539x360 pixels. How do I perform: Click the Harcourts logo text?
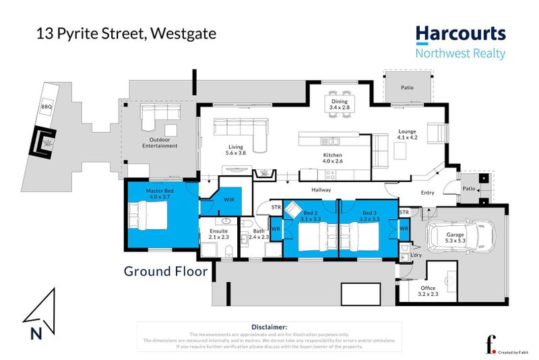(x=460, y=34)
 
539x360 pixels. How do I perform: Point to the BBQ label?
(x=47, y=105)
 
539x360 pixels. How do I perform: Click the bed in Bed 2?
(x=311, y=237)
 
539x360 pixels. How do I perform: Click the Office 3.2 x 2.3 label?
(x=428, y=291)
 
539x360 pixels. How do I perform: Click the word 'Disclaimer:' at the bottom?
(x=269, y=326)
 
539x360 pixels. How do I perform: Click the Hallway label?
(x=321, y=190)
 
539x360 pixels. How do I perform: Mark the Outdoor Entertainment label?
(x=160, y=143)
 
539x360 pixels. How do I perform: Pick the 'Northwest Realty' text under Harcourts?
(x=460, y=54)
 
